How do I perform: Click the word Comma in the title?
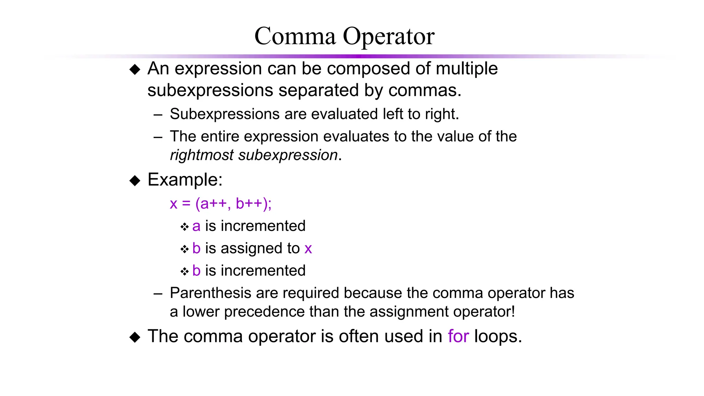coord(295,36)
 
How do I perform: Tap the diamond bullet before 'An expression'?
coord(135,69)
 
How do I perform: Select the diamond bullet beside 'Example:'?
coord(135,180)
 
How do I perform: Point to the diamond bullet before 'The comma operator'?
coord(135,337)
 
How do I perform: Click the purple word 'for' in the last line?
coord(458,336)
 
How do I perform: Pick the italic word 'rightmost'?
coord(202,155)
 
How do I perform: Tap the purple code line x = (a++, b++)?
coord(221,203)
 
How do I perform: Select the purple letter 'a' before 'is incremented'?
coord(196,227)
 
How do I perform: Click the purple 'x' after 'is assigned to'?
coord(308,249)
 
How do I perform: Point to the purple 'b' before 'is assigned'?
coord(196,248)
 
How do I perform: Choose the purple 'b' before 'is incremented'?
coord(196,271)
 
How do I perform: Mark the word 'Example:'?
coord(185,180)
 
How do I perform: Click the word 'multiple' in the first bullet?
coord(466,68)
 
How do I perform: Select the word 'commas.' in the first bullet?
coord(425,90)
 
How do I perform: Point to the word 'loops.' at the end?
coord(498,336)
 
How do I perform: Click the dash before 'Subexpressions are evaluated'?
coord(158,115)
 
